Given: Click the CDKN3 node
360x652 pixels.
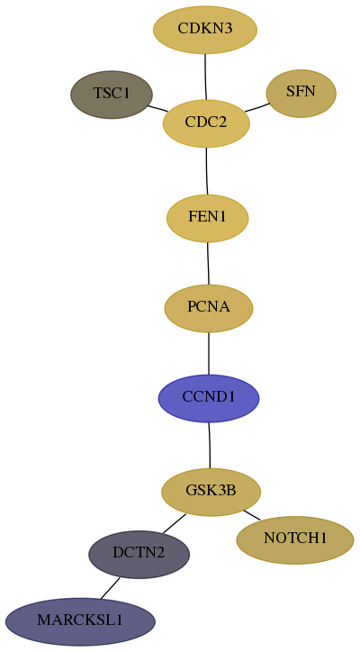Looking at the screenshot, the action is click(205, 30).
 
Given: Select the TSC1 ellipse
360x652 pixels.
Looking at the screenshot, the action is click(112, 95).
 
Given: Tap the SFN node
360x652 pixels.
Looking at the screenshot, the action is click(301, 93).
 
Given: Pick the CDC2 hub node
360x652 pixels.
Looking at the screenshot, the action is click(206, 123).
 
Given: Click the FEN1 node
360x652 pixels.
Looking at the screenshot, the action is click(207, 218).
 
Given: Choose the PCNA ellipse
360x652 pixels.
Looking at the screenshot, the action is click(209, 308).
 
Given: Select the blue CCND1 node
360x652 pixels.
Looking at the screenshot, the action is click(209, 398).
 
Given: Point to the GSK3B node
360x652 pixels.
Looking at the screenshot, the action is click(211, 492).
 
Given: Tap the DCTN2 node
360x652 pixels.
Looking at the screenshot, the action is click(139, 554).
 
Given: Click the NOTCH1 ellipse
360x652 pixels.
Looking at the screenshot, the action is click(295, 540).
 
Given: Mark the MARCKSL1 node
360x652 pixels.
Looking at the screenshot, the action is click(80, 621).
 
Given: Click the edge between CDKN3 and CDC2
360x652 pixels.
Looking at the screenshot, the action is click(205, 77).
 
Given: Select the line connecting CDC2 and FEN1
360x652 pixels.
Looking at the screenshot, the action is click(207, 171).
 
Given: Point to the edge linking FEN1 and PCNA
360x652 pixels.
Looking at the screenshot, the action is click(208, 263).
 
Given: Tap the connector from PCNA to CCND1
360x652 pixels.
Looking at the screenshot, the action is click(209, 353).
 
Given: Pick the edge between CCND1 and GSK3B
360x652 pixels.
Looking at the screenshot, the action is click(210, 446).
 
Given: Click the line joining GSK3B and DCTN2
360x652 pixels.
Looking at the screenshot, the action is click(175, 523).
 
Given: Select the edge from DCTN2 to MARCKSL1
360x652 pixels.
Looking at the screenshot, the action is click(110, 588).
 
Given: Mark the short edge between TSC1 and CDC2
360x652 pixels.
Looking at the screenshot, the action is click(157, 108).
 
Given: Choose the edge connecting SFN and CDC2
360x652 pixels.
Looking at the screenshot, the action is click(257, 107).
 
